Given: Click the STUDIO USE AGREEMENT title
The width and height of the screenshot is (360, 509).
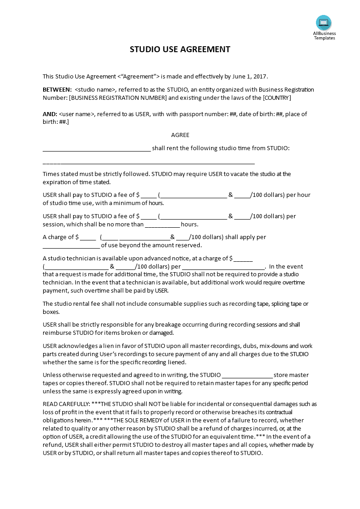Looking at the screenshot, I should tap(180, 49).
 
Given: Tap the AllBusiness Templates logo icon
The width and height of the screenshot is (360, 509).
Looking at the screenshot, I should tap(324, 22).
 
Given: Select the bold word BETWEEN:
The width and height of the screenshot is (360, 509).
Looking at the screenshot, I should tap(57, 89).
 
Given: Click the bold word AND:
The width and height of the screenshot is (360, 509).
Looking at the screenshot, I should tap(50, 114).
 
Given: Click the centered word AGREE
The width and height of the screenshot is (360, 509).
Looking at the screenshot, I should tap(180, 135).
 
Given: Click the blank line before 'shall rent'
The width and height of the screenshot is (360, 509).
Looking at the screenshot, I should tap(96, 149).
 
